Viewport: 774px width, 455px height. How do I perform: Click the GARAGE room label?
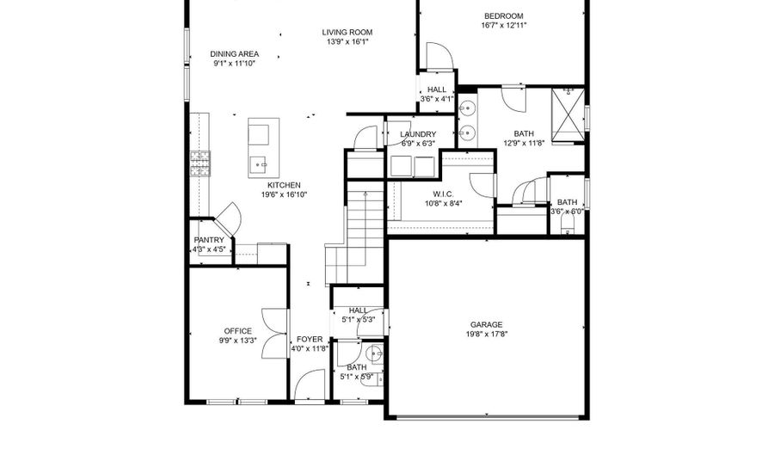486,325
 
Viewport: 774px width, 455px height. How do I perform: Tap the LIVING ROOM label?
347,33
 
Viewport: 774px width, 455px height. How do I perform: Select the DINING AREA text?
235,54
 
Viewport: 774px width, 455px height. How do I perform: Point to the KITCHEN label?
284,185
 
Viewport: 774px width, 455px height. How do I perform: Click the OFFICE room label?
238,331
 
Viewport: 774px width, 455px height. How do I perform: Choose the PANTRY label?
209,240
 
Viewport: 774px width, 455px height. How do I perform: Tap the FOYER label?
310,340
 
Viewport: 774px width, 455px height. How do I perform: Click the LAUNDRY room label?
418,134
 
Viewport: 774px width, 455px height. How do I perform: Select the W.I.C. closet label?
443,194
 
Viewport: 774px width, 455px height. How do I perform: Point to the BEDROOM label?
503,15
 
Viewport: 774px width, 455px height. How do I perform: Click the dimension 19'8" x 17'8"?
487,334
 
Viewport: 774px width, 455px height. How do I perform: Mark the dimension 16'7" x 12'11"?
504,25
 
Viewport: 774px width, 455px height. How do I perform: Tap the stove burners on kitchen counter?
200,163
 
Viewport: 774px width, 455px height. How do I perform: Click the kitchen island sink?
259,164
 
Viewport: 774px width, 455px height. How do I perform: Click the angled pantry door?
229,218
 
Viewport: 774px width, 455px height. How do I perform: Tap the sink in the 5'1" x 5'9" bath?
374,354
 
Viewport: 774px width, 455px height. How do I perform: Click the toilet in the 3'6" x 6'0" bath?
568,227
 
